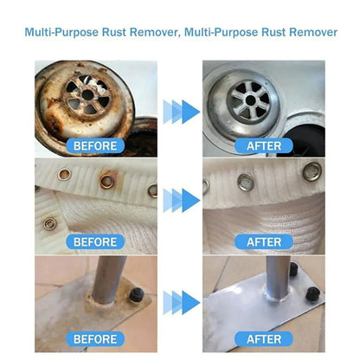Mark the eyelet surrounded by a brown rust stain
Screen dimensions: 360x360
(106, 181)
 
